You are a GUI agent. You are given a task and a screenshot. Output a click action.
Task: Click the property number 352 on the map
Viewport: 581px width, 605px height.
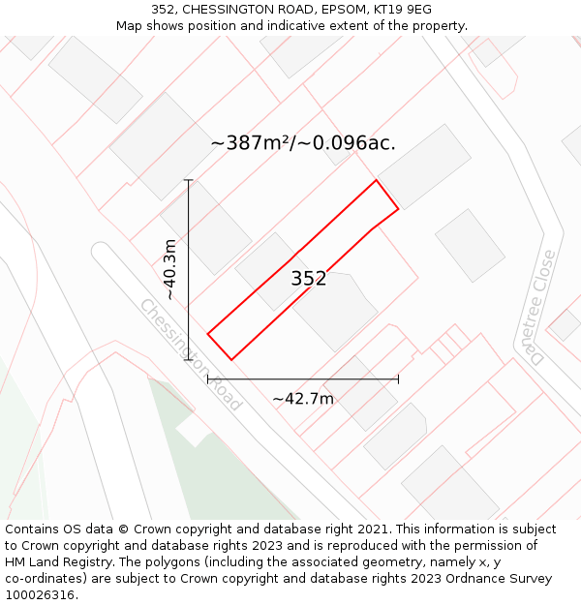[x=309, y=279]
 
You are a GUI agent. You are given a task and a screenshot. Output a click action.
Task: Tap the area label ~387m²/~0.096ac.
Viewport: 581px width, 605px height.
[x=303, y=143]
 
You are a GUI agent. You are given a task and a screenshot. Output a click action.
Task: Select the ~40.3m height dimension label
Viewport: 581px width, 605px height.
[x=170, y=269]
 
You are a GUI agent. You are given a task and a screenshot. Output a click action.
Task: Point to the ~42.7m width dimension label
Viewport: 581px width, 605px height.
[x=302, y=399]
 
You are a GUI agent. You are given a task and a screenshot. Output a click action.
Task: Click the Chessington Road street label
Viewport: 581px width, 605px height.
[x=191, y=354]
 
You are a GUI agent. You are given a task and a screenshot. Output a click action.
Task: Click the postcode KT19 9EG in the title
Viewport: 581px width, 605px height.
[x=398, y=9]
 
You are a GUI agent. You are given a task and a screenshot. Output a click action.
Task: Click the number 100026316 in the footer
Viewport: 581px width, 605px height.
[x=40, y=595]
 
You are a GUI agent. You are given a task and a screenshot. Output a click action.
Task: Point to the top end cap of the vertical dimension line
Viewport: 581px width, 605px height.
[x=188, y=180]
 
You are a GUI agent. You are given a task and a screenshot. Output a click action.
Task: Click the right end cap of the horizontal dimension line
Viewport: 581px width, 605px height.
[x=398, y=379]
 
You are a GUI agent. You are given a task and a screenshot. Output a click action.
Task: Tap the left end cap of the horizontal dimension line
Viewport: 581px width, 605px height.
[x=208, y=379]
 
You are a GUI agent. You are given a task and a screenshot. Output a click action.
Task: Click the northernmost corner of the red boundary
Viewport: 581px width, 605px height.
[x=376, y=180]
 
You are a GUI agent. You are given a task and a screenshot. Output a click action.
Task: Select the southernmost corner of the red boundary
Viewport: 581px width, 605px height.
[x=231, y=360]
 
